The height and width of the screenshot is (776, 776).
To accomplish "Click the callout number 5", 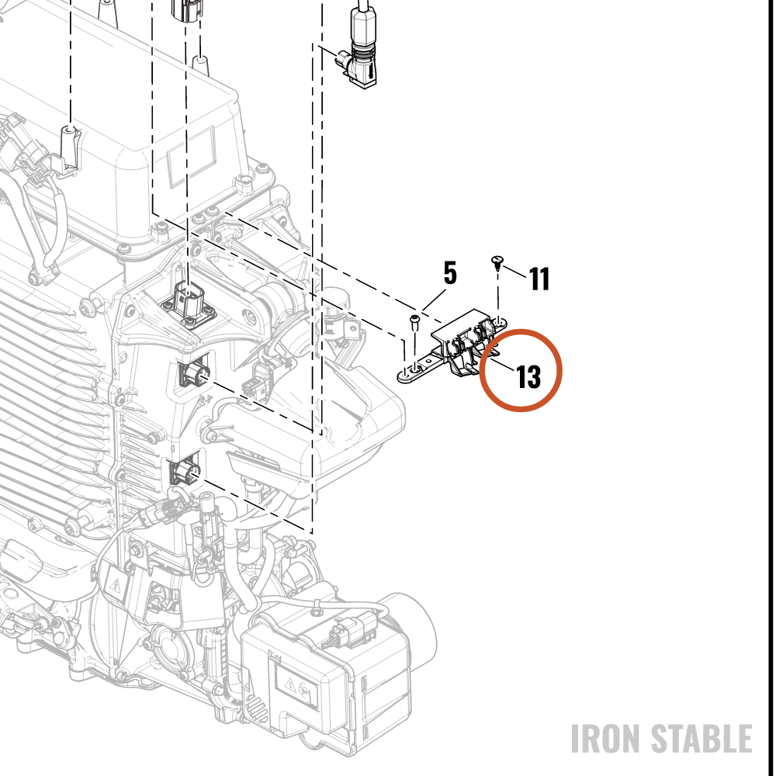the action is tap(449, 273).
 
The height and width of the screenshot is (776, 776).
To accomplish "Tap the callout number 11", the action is tap(539, 279).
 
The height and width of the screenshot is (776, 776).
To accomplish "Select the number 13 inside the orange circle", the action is tap(528, 377).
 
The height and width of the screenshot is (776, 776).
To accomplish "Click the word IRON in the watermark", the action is tap(606, 738).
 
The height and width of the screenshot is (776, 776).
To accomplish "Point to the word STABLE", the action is tap(701, 738).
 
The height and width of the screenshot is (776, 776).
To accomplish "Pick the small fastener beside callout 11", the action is tap(497, 263).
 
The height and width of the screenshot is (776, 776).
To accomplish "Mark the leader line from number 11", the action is tap(514, 272).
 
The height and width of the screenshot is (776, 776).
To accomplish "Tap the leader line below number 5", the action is tap(434, 300).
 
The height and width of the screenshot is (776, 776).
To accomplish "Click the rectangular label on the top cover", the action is tap(192, 156).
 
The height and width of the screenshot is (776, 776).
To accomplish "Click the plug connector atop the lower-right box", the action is tap(352, 629).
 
